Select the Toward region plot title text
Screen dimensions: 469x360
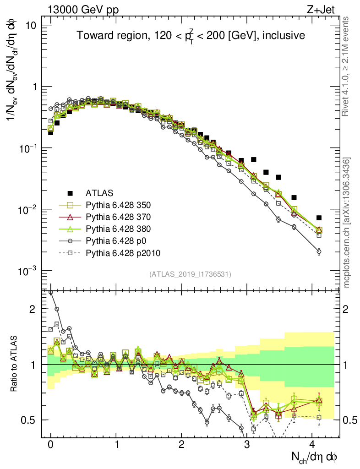[191, 36]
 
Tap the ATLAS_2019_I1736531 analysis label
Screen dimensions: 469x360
[190, 274]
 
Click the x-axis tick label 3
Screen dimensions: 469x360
[247, 444]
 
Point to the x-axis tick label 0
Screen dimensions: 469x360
[50, 444]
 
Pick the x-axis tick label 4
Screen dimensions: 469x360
[312, 444]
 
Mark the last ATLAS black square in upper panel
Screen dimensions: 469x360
[319, 218]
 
